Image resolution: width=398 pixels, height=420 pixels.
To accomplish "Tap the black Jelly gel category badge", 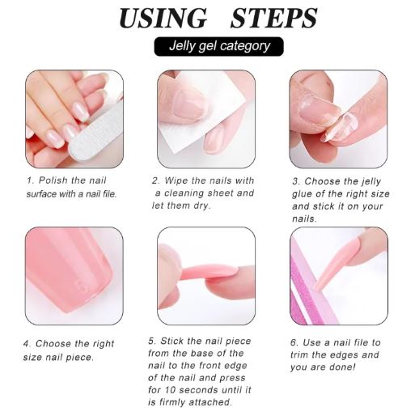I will (218, 45).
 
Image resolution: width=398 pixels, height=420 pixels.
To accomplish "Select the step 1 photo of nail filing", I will (74, 118).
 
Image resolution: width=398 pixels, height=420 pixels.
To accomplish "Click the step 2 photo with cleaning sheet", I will (205, 118).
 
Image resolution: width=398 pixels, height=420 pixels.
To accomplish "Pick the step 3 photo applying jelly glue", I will (337, 118).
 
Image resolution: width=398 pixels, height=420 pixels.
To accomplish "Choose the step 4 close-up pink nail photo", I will (74, 275).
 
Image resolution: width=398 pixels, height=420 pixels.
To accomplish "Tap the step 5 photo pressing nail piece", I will (205, 275).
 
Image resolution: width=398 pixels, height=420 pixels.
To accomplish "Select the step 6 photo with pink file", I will (337, 275).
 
